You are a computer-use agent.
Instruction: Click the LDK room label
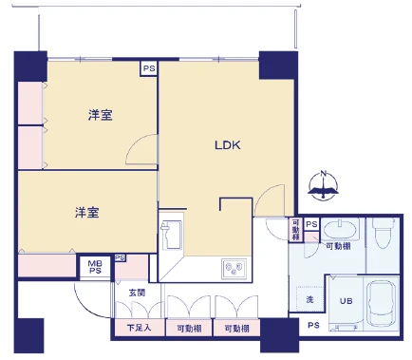coord(228,146)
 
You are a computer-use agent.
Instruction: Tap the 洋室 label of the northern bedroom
coord(102,116)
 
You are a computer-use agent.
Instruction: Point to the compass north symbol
coord(324,184)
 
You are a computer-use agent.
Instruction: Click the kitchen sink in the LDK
coord(174,235)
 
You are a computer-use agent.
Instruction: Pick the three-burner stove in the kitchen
coord(234,269)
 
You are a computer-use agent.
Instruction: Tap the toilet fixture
coord(384,231)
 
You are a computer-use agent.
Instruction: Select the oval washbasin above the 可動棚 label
coord(339,231)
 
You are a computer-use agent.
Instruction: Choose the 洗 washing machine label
coord(309,300)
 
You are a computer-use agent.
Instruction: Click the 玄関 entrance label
coord(137,293)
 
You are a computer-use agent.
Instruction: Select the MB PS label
coord(95,267)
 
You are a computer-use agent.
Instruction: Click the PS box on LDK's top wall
coord(149,68)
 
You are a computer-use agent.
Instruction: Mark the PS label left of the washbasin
coord(310,225)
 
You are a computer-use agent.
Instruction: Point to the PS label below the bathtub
coord(312,326)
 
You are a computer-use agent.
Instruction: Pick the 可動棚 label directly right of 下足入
coord(188,329)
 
